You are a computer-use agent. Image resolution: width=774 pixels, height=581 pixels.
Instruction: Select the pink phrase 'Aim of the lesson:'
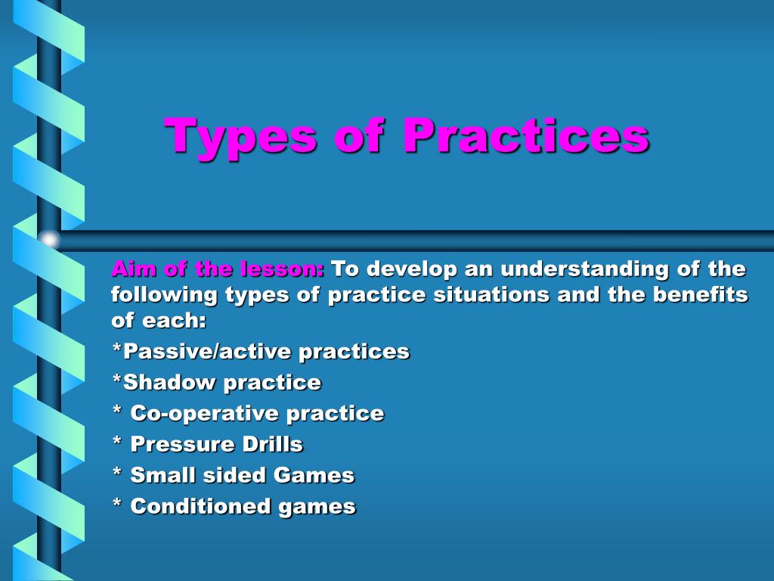pyautogui.click(x=218, y=269)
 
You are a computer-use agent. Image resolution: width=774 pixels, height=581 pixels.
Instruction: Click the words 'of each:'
pyautogui.click(x=159, y=320)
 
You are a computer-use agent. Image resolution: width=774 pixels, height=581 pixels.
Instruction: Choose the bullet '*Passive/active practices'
pyautogui.click(x=261, y=351)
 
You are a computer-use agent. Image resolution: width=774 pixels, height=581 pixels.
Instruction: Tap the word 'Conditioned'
pyautogui.click(x=200, y=506)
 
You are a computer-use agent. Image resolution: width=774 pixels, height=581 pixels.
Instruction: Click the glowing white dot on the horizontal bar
pyautogui.click(x=49, y=240)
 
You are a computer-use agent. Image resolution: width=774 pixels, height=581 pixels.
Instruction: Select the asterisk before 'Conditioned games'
pyautogui.click(x=116, y=505)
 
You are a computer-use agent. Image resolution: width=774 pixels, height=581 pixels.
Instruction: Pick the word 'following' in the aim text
pyautogui.click(x=164, y=294)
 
